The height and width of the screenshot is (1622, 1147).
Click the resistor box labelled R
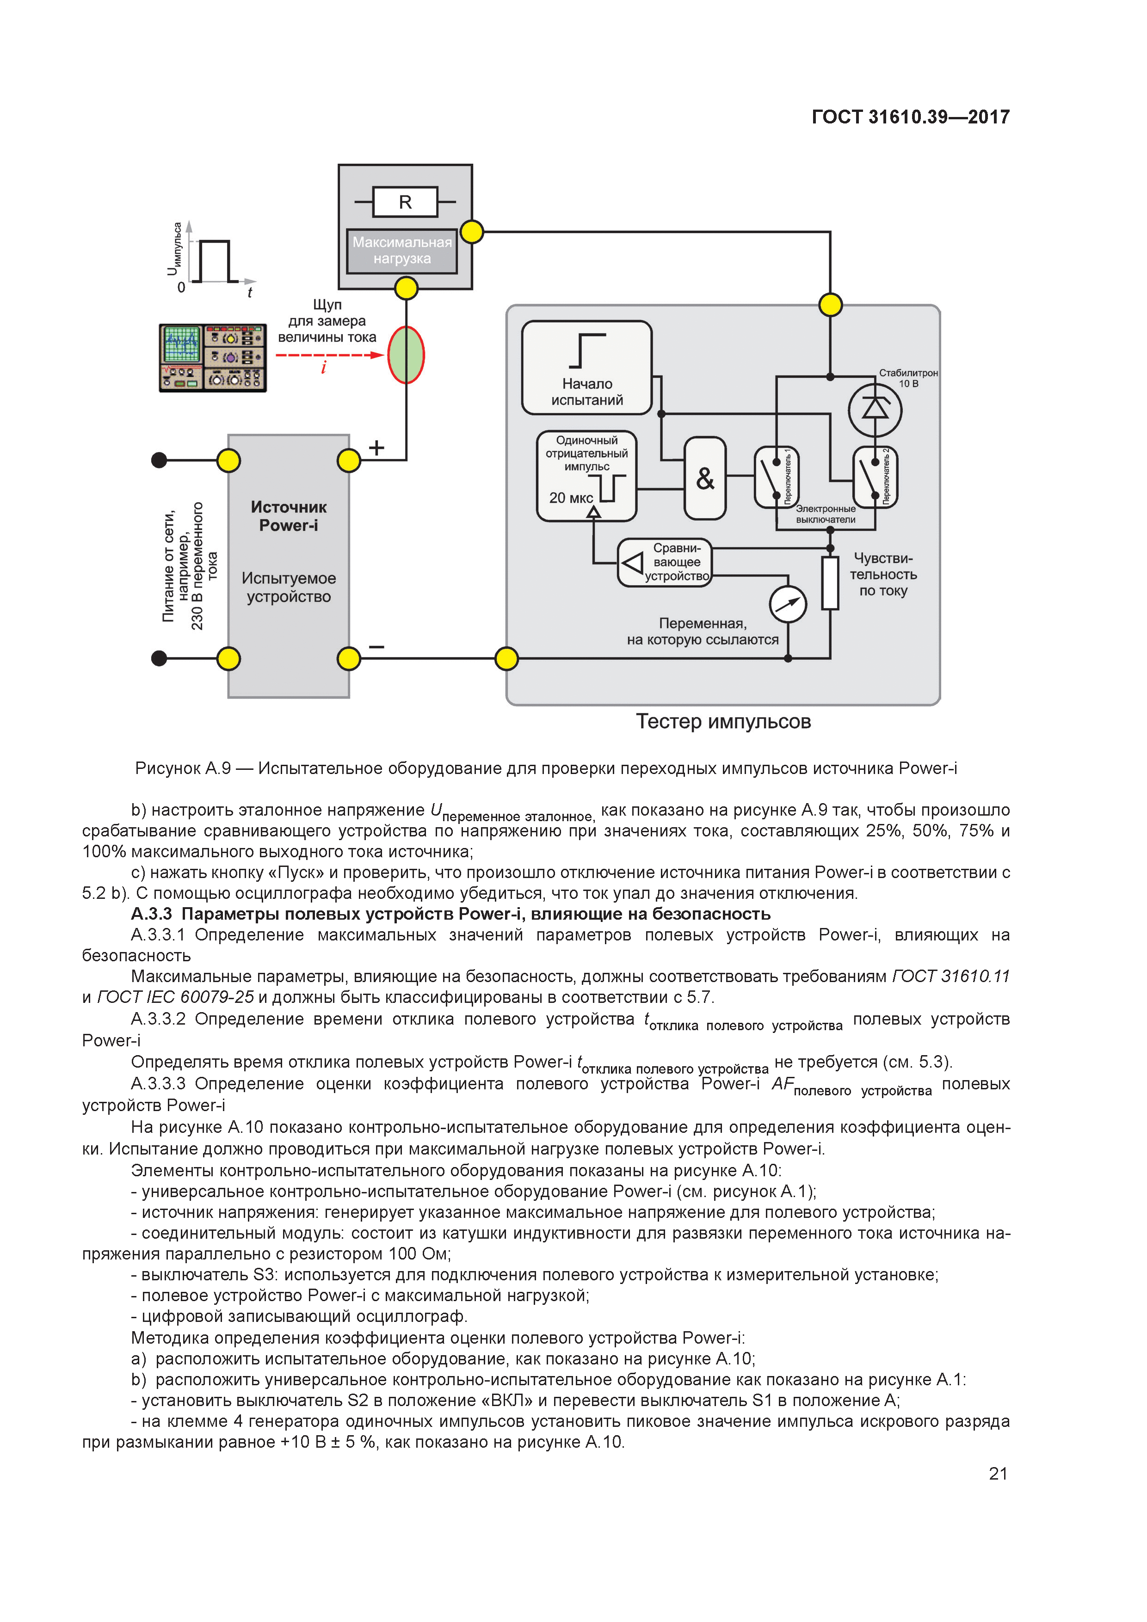click(x=405, y=202)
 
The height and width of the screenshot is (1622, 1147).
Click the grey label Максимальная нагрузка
click(x=401, y=251)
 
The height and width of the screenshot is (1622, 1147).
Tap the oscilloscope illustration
click(x=213, y=357)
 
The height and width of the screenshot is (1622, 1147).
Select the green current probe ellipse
click(x=406, y=355)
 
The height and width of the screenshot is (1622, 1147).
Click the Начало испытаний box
click(x=586, y=367)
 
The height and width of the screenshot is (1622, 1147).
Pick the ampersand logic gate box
click(x=704, y=478)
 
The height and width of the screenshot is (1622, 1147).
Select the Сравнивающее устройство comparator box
click(x=664, y=562)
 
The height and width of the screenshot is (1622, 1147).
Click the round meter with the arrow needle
click(x=788, y=605)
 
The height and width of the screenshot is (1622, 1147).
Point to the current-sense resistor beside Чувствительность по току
click(x=830, y=583)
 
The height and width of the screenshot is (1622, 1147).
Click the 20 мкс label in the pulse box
click(x=571, y=498)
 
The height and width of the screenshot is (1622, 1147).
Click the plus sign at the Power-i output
click(x=376, y=447)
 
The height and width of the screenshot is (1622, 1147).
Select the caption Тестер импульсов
click(x=723, y=721)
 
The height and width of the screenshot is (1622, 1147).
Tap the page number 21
click(x=998, y=1474)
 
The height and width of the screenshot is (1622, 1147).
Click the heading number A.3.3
click(x=151, y=914)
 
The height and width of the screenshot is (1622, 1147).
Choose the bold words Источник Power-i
click(x=288, y=516)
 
